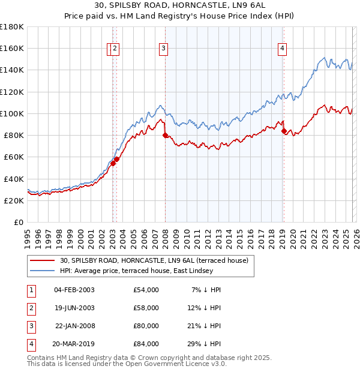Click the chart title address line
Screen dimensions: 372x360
pyautogui.click(x=179, y=5)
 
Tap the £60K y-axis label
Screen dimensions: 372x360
pyautogui.click(x=14, y=157)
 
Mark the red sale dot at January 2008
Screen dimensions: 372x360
pyautogui.click(x=165, y=136)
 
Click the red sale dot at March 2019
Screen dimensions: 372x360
pyautogui.click(x=284, y=131)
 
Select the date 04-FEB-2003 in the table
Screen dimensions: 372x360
pyautogui.click(x=74, y=290)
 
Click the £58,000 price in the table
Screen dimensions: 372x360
pyautogui.click(x=146, y=308)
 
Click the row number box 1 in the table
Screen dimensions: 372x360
pyautogui.click(x=31, y=290)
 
